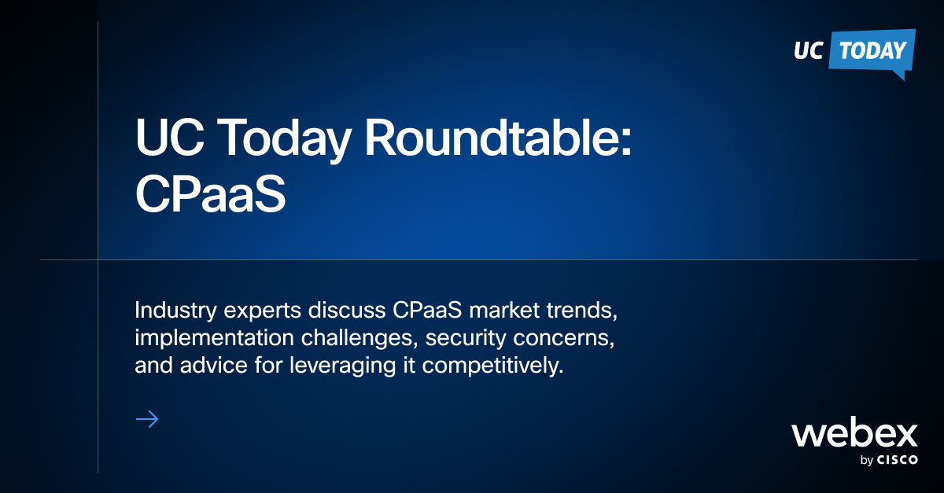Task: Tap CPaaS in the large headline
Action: (209, 197)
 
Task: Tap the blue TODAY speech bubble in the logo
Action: (872, 52)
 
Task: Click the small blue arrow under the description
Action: (147, 419)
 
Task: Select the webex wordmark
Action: (854, 434)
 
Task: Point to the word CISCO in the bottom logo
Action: (898, 461)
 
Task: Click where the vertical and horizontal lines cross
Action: (98, 259)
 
